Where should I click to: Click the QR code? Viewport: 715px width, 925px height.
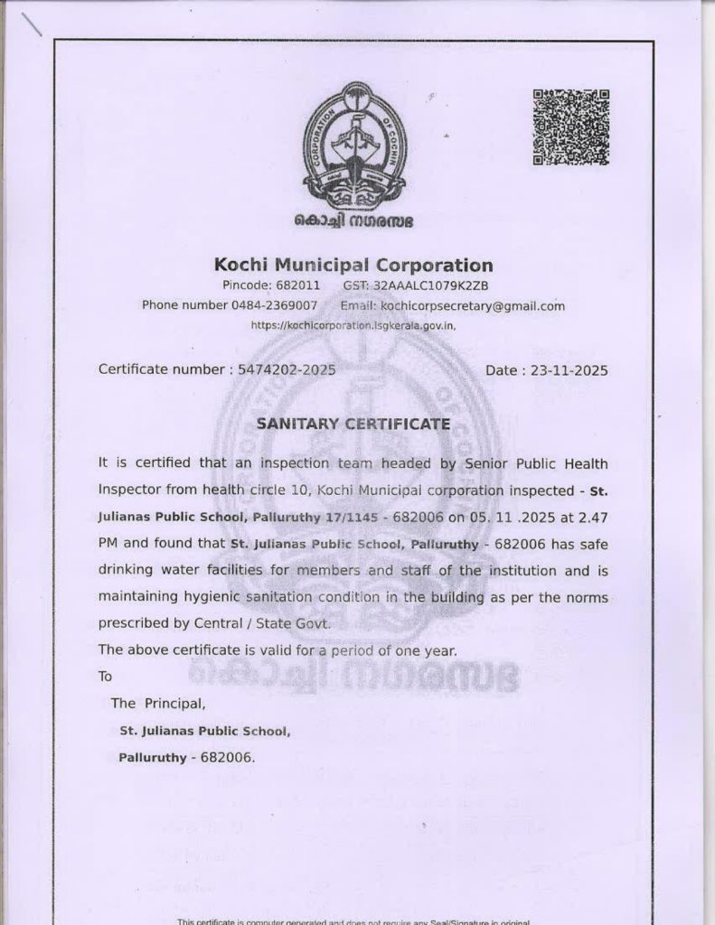click(570, 127)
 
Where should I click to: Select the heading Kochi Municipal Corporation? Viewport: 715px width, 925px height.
click(353, 265)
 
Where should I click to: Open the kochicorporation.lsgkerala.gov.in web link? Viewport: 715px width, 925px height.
click(353, 324)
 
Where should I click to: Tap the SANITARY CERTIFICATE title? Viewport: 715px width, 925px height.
click(353, 422)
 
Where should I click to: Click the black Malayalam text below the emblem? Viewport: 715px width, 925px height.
click(353, 220)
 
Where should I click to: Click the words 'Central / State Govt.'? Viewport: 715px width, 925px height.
click(278, 623)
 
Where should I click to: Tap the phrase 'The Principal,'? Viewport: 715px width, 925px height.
click(158, 703)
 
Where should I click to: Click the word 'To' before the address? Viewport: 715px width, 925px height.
click(106, 676)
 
